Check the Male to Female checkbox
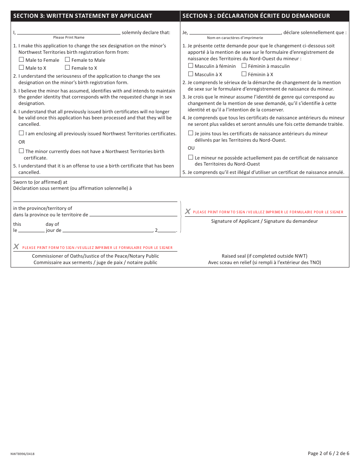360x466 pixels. tap(21, 59)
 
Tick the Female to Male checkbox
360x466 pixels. tap(67, 59)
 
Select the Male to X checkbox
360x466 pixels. tap(21, 67)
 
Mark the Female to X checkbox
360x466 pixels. tap(67, 67)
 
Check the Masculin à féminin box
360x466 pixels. tap(191, 66)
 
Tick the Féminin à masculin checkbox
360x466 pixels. tap(244, 66)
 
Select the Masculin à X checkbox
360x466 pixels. tap(191, 74)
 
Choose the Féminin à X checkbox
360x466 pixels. tap(244, 74)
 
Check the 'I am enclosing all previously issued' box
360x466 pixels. tap(21, 133)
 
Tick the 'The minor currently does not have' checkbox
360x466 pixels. tap(21, 151)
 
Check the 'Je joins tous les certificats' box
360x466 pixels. tap(191, 133)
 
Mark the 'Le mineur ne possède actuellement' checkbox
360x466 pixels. tap(191, 157)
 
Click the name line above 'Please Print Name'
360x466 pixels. tap(69, 33)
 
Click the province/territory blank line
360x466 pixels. tap(133, 215)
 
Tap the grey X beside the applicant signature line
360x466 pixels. tap(188, 211)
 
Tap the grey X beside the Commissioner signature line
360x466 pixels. tap(16, 247)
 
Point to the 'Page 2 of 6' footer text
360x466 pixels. tap(328, 453)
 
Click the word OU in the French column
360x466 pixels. tap(191, 148)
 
